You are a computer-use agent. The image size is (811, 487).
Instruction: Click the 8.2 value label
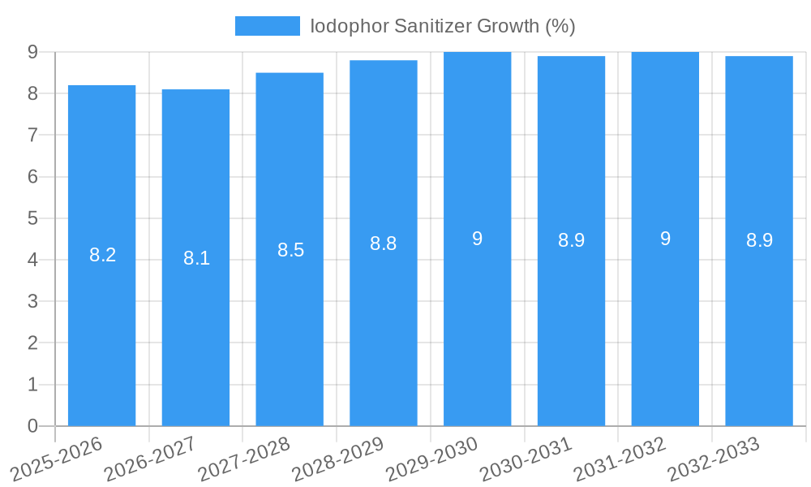102,255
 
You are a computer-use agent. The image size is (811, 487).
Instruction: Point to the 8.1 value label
196,258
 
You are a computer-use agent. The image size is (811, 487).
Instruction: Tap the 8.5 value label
290,250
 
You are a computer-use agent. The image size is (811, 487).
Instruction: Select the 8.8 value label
384,243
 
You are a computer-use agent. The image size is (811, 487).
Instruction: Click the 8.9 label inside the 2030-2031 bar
571,240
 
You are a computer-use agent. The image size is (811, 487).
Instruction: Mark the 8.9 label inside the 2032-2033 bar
759,240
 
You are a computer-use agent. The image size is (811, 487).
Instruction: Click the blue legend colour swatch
267,26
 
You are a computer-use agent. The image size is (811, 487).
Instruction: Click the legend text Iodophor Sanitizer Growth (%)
443,26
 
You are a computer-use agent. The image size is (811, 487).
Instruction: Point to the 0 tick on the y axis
32,426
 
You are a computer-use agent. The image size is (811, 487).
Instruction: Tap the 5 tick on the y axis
32,218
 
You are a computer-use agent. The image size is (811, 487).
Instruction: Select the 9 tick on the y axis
32,52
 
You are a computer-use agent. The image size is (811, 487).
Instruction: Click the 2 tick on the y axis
32,343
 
